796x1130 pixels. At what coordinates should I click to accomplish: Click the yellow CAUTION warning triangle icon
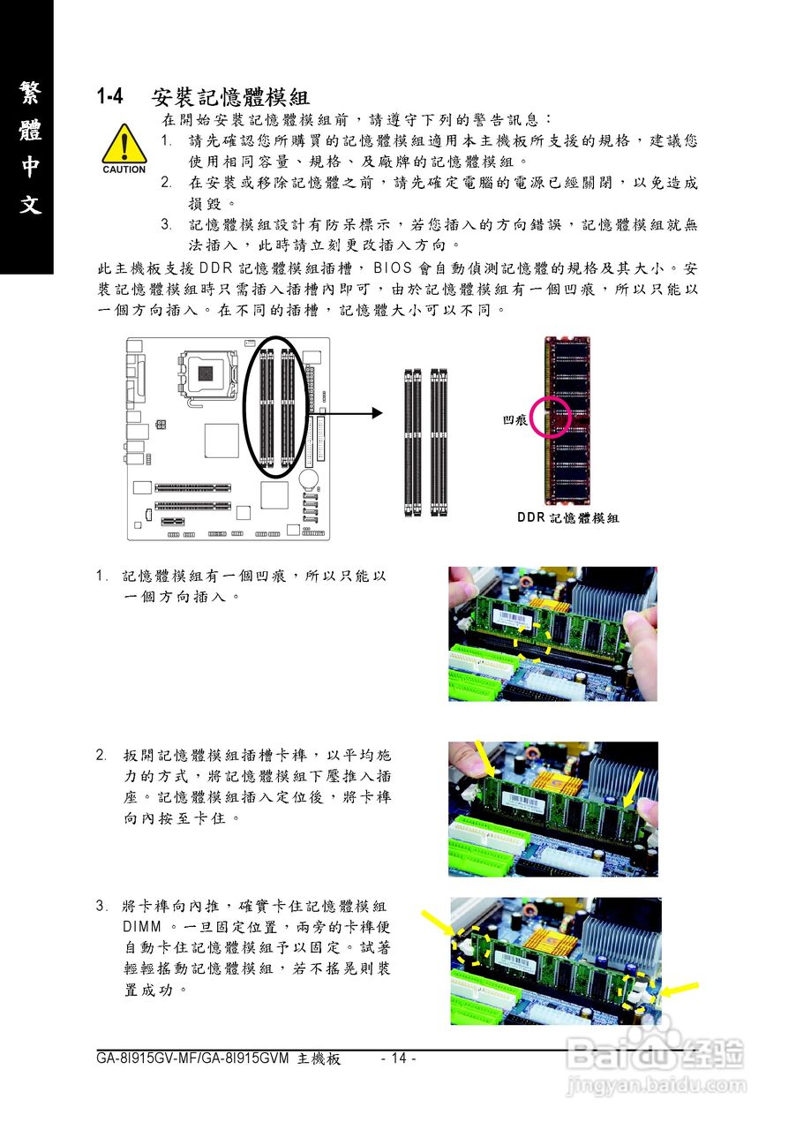pyautogui.click(x=124, y=145)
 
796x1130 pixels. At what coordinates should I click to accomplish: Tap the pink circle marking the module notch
pyautogui.click(x=551, y=416)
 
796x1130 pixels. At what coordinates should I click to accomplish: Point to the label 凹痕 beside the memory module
pyautogui.click(x=514, y=421)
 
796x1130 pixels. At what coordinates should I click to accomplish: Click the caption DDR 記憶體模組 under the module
pyautogui.click(x=567, y=518)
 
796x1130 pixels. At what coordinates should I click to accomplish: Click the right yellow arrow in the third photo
pyautogui.click(x=680, y=989)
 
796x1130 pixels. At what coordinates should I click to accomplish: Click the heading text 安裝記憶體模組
pyautogui.click(x=230, y=96)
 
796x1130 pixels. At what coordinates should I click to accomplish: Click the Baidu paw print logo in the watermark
pyautogui.click(x=657, y=1048)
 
